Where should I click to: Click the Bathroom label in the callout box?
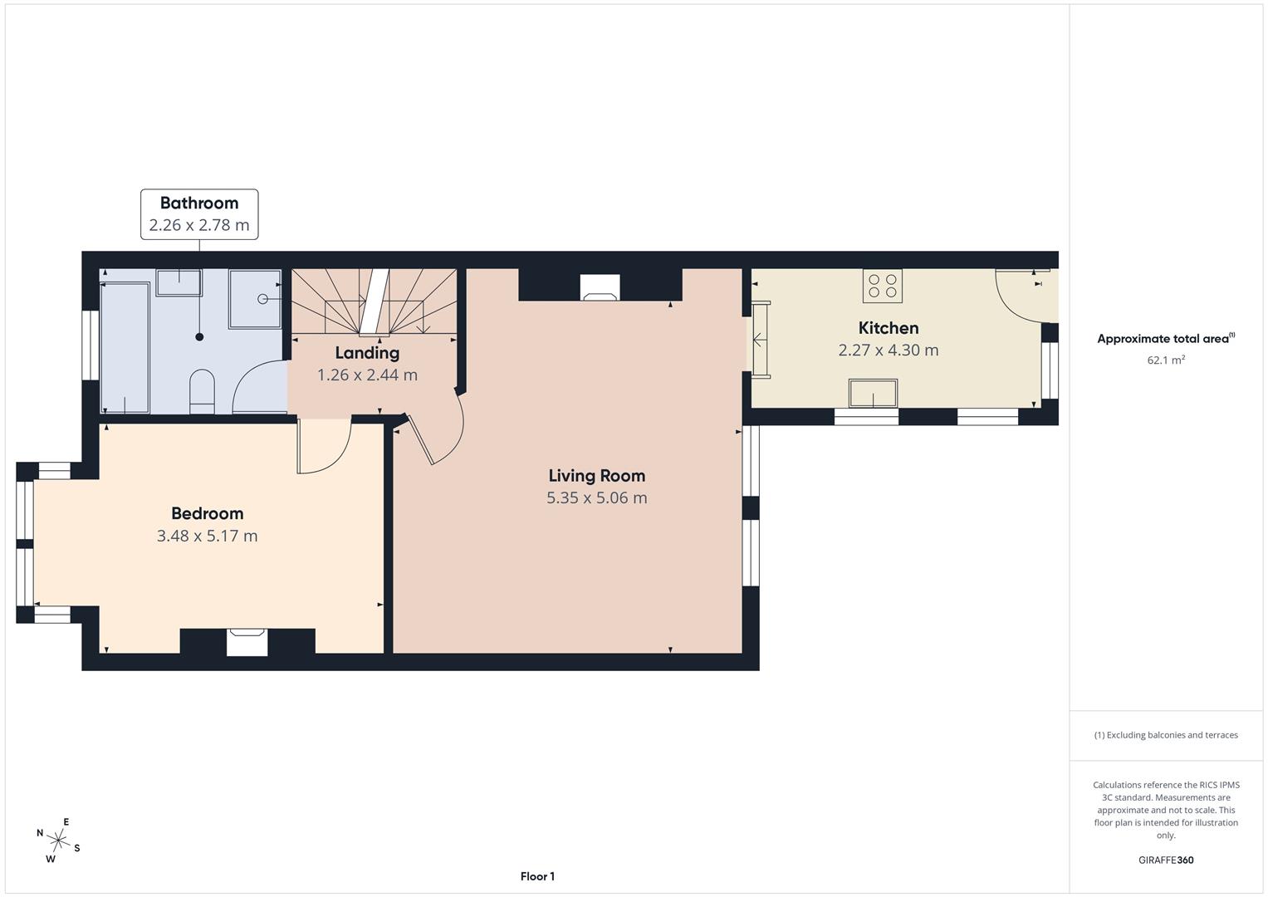click(x=199, y=203)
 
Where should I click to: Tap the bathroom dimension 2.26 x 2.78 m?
click(x=199, y=225)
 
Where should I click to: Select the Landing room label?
click(x=367, y=353)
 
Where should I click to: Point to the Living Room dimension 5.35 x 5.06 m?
click(x=597, y=498)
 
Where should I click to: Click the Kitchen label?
click(x=889, y=328)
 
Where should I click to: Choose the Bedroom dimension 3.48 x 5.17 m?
click(x=208, y=536)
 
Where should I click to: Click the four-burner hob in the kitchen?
click(x=883, y=286)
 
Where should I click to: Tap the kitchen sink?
click(x=873, y=393)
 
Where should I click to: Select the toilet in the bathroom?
click(x=202, y=391)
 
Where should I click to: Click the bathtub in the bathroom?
click(x=125, y=347)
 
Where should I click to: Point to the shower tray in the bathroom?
click(x=255, y=299)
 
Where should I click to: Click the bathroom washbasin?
click(x=179, y=282)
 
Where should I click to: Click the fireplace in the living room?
click(x=600, y=287)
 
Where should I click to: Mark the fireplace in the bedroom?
click(x=247, y=642)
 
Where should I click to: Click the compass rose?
click(x=58, y=841)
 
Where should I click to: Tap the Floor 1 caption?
click(x=537, y=876)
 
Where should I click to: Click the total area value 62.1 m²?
click(x=1166, y=360)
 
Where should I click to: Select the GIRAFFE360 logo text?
click(x=1166, y=860)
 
